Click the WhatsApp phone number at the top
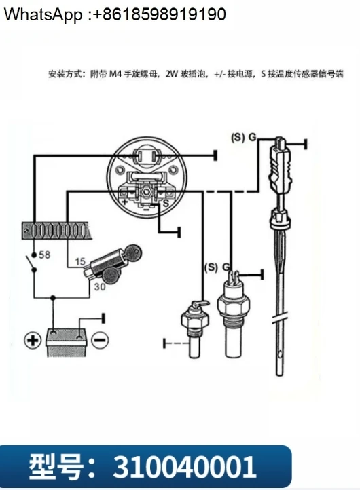tap(159, 14)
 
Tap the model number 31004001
tap(184, 467)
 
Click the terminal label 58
tap(44, 255)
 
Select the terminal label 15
tap(80, 261)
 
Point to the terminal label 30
tap(100, 286)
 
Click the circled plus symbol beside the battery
tap(33, 340)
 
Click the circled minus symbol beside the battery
tap(100, 340)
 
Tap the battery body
tap(66, 342)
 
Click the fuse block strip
tap(56, 231)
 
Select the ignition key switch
tap(113, 263)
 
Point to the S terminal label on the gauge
tap(166, 204)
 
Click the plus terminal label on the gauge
tap(125, 202)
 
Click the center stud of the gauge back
tap(145, 191)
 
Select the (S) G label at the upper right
tap(244, 137)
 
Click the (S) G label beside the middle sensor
tap(217, 267)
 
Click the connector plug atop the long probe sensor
tap(280, 166)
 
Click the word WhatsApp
tap(43, 15)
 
